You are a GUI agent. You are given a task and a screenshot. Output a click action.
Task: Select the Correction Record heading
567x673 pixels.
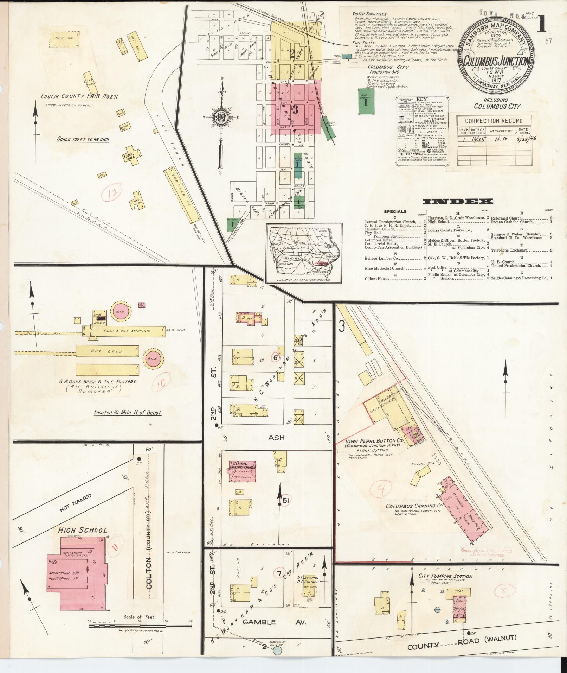click(x=494, y=121)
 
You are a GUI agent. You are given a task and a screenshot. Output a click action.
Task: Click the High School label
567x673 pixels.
click(x=83, y=530)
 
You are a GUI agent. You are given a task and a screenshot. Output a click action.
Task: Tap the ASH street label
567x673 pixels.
click(x=276, y=438)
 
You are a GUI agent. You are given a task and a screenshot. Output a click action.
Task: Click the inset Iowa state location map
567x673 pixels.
click(x=304, y=253)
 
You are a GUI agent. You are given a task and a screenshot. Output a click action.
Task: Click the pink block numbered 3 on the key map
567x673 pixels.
click(x=295, y=109)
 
